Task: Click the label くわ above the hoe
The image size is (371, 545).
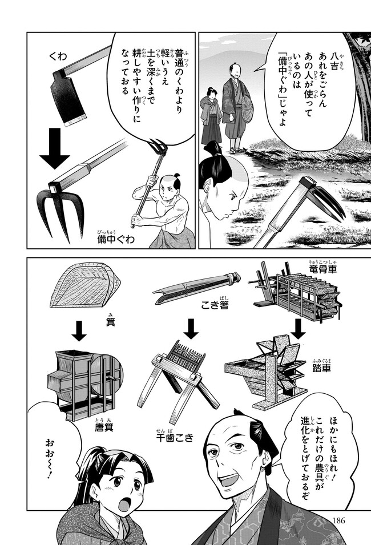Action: pyautogui.click(x=58, y=56)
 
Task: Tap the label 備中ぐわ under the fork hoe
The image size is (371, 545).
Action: pyautogui.click(x=116, y=239)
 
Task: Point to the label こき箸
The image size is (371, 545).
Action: pyautogui.click(x=215, y=305)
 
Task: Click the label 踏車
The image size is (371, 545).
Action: pyautogui.click(x=321, y=368)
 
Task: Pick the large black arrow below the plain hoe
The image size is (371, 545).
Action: pyautogui.click(x=55, y=148)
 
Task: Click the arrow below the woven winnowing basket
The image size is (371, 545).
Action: pyautogui.click(x=79, y=331)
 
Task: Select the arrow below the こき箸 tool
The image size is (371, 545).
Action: pyautogui.click(x=191, y=329)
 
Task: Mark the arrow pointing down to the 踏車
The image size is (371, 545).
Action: pyautogui.click(x=298, y=329)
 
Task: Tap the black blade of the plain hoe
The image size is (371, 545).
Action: pyautogui.click(x=68, y=98)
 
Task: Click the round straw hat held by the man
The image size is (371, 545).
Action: pyautogui.click(x=248, y=109)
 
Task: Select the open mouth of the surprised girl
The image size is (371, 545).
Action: pyautogui.click(x=123, y=504)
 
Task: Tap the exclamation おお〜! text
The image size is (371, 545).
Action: pyautogui.click(x=50, y=458)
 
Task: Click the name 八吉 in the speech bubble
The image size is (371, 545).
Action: pyautogui.click(x=333, y=62)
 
